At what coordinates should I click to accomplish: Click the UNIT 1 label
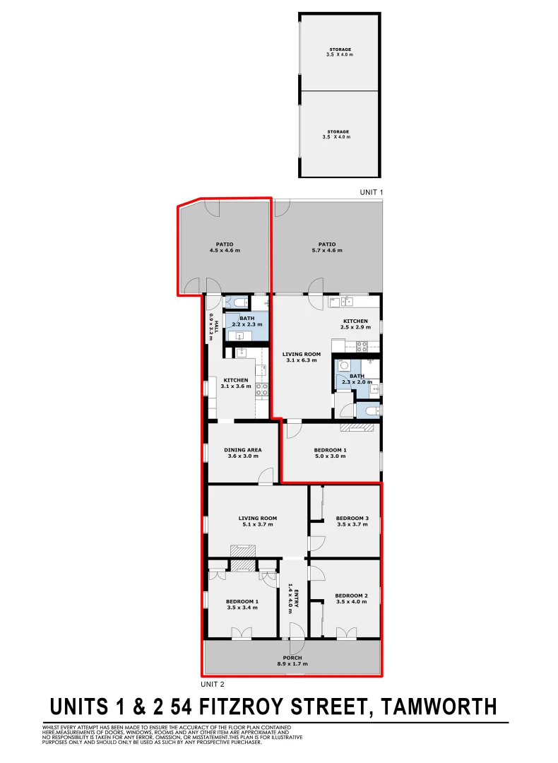point(371,192)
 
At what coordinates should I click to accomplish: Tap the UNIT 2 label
point(213,683)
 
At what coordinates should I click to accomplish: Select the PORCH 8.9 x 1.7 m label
point(292,661)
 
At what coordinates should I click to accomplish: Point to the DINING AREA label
point(243,453)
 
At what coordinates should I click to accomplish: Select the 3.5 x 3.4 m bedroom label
point(242,604)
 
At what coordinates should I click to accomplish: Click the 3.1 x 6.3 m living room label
point(302,357)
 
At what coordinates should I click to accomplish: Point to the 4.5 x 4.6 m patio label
point(225,247)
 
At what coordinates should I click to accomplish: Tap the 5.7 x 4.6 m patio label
point(326,247)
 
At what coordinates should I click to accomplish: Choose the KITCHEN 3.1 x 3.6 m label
point(236,384)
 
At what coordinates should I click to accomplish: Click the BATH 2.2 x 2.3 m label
point(247,321)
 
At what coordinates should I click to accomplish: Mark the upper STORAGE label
point(339,52)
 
